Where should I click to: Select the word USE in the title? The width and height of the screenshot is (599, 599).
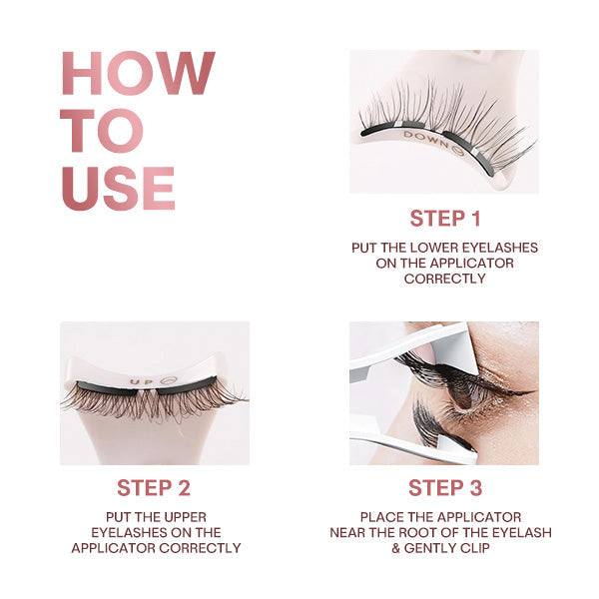[118, 188]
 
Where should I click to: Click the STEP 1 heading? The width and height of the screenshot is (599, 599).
[444, 219]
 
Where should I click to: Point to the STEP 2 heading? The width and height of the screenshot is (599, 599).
[154, 487]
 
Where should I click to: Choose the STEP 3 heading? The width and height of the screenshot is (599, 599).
[444, 487]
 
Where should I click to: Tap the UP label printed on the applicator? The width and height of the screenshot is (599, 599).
[140, 380]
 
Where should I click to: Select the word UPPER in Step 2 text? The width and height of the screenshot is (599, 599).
[183, 516]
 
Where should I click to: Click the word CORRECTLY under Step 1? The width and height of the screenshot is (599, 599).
[444, 279]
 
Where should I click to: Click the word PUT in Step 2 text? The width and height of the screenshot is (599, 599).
[106, 516]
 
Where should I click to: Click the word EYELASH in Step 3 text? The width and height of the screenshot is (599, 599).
[519, 532]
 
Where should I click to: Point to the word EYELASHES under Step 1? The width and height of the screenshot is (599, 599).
[502, 247]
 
